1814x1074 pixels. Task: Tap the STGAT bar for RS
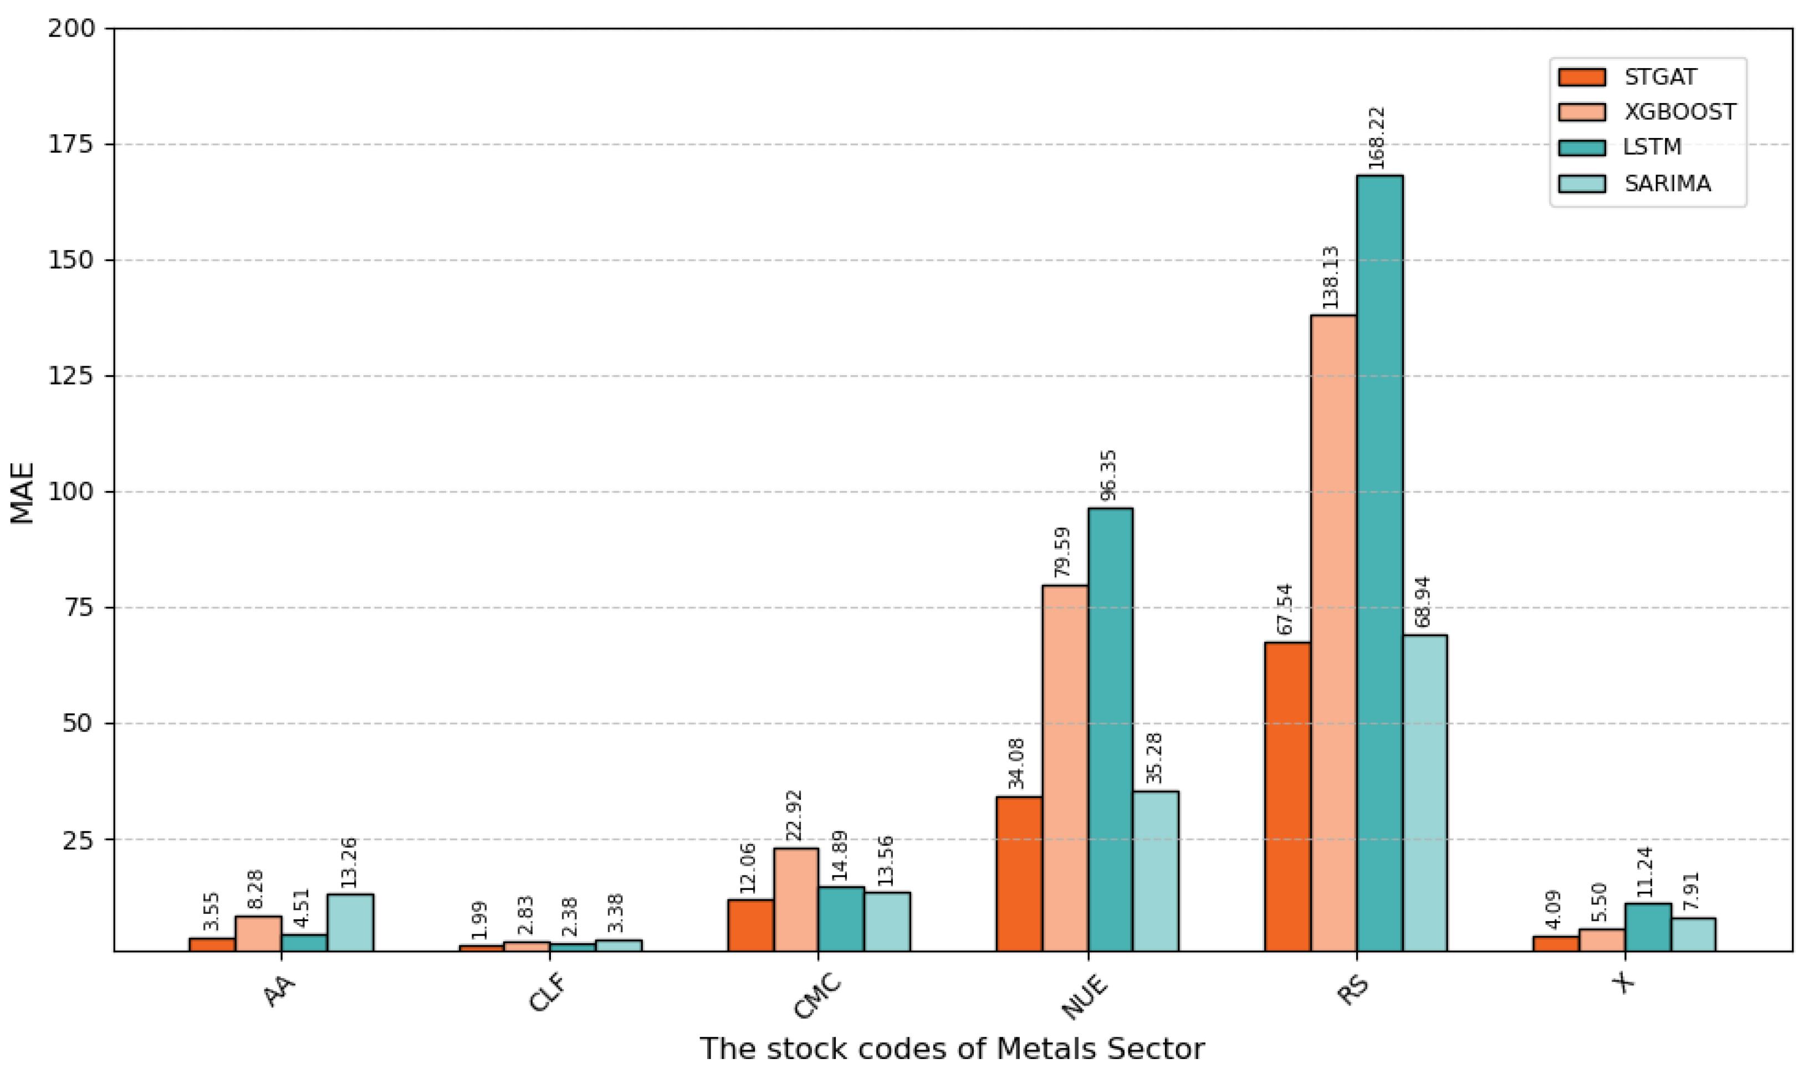coord(1287,796)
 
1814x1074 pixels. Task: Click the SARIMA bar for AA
coord(350,923)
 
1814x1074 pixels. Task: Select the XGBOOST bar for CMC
coord(796,899)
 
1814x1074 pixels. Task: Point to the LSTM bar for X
coord(1648,927)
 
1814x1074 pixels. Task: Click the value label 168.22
coord(1377,138)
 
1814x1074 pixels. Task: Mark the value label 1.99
coord(479,920)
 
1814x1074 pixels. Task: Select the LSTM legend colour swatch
coord(1582,147)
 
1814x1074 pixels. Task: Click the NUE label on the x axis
coord(1083,998)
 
